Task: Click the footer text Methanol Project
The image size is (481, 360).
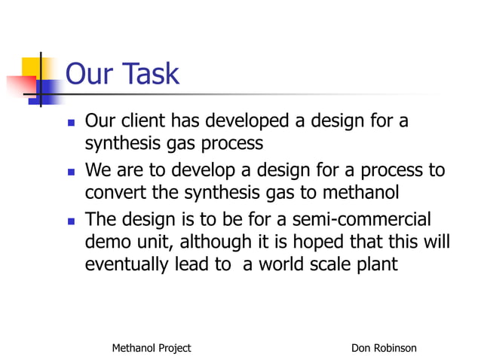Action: click(x=151, y=348)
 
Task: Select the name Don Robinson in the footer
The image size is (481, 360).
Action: click(x=384, y=348)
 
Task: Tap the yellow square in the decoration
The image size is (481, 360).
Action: click(x=32, y=68)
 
